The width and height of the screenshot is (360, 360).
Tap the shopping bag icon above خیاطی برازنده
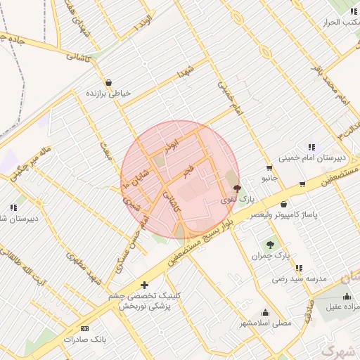pos(108,82)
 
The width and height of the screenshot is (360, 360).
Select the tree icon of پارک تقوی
pos(237,188)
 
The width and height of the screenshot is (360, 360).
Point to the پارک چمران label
pos(271,256)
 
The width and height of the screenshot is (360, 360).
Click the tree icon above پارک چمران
pos(270,245)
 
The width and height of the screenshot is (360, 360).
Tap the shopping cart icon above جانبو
pos(269,168)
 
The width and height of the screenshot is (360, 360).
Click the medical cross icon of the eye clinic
pos(145,285)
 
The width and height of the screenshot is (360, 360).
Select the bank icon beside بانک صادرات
pos(86,328)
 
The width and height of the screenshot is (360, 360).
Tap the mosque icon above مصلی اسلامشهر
pos(265,313)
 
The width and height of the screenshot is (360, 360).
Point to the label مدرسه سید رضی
pos(301,278)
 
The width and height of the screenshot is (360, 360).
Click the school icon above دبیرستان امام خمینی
pos(311,147)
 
